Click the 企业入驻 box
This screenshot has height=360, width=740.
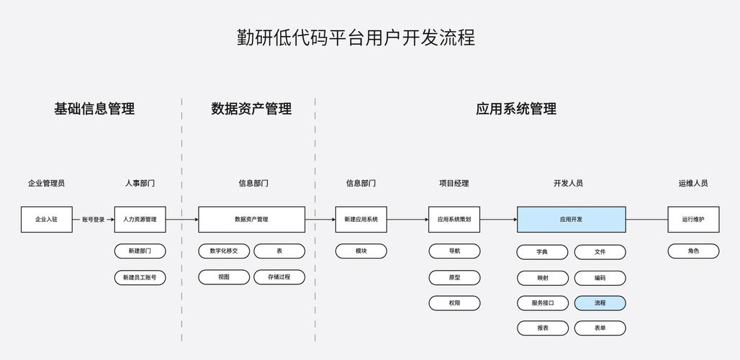coord(47,220)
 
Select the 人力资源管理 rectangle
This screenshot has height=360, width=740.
coord(140,220)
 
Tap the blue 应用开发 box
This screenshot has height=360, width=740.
coord(571,220)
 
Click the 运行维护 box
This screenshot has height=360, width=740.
coord(693,220)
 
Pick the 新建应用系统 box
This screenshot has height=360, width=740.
coord(361,220)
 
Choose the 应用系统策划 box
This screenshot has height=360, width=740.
coord(454,220)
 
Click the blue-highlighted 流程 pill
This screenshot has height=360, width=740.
coord(600,303)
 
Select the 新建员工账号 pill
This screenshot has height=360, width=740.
coord(140,277)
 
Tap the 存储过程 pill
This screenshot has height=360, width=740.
coord(279,276)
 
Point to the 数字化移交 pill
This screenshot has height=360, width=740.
coord(224,251)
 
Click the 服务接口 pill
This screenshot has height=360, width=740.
coord(543,303)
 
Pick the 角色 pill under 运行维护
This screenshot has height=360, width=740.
coord(693,251)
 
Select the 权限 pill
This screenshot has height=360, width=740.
coord(454,303)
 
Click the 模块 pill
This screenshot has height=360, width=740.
coord(361,251)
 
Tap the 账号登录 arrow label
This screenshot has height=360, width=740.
coord(93,220)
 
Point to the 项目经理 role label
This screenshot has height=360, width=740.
coord(454,183)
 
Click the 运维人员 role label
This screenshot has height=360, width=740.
coord(693,183)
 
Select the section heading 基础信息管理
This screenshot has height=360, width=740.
coord(94,109)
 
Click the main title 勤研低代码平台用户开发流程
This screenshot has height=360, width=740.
coord(356,37)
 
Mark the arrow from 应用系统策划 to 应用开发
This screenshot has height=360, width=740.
coord(498,220)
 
